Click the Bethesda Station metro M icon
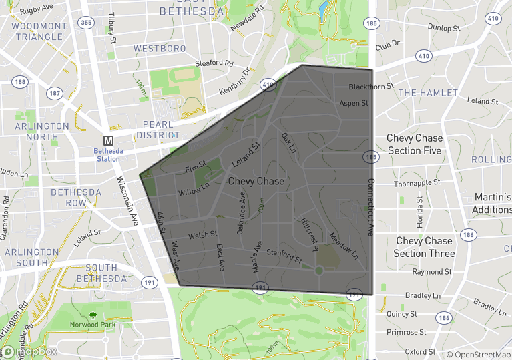tap(108, 141)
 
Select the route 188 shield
tap(19, 82)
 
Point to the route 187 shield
tap(55, 93)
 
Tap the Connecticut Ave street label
tap(371, 206)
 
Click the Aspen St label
tap(354, 104)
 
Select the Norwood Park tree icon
tap(91, 315)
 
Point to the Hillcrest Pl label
tap(310, 235)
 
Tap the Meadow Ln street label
tap(344, 246)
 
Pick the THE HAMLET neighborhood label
tap(428, 93)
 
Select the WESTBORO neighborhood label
tap(160, 49)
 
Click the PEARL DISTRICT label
tap(158, 130)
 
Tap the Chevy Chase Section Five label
tap(414, 144)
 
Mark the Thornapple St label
tap(417, 182)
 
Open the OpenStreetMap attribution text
tap(478, 354)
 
